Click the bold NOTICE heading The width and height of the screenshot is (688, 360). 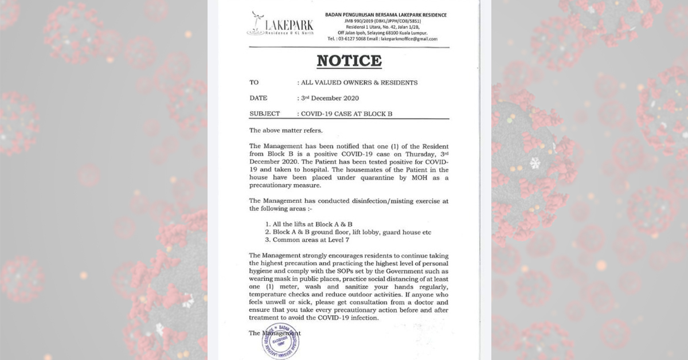349,61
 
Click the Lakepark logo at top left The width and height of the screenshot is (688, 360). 272,24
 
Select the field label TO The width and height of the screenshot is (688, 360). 254,83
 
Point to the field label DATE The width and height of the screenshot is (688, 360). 258,98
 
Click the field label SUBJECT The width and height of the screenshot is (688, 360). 264,114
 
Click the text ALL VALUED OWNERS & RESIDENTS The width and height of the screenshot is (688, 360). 359,83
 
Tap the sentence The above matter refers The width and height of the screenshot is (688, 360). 282,130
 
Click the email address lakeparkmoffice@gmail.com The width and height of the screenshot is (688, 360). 409,39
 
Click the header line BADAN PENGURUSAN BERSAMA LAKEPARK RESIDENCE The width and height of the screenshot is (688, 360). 385,14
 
